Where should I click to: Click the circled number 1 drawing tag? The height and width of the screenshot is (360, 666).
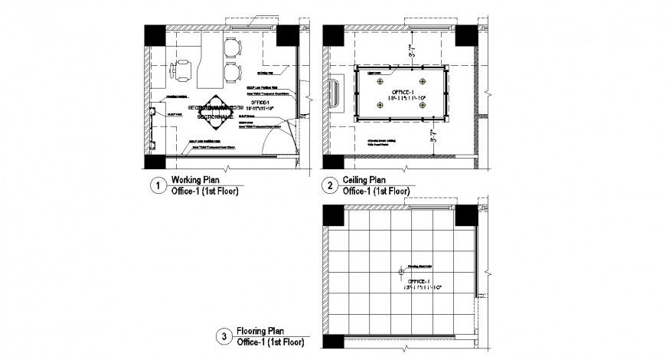tap(157, 185)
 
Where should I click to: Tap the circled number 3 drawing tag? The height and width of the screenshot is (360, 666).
tap(224, 335)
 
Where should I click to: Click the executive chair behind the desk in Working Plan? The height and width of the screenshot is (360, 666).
tap(184, 67)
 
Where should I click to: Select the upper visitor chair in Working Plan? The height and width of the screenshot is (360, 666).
tap(231, 51)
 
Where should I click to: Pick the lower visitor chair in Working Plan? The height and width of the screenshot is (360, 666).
tap(231, 74)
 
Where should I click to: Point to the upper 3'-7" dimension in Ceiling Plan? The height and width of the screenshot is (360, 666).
tap(410, 53)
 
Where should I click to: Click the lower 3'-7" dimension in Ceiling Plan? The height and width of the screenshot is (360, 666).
tap(410, 139)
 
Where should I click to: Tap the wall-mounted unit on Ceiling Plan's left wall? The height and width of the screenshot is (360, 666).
tap(334, 93)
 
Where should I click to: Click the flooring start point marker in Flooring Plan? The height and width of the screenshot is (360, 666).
tap(400, 272)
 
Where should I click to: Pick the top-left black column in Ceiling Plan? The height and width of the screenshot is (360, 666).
tap(332, 35)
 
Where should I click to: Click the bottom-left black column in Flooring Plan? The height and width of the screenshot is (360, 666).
tap(332, 345)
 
